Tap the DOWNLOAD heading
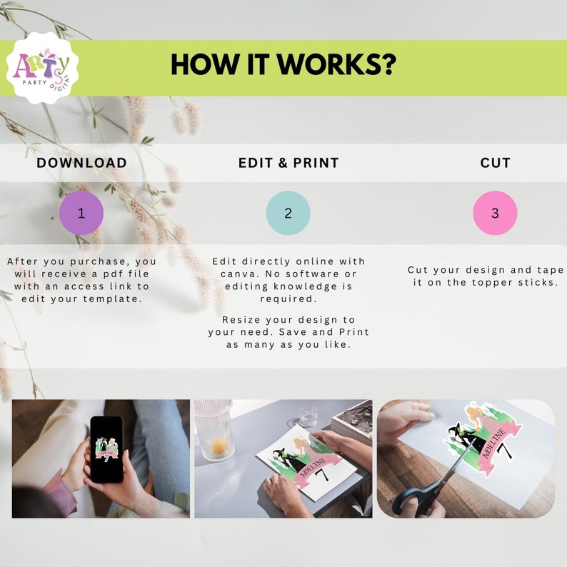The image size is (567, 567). [81, 163]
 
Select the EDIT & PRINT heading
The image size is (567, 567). [288, 163]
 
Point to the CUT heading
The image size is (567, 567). [495, 163]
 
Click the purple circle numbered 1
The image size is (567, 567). [81, 213]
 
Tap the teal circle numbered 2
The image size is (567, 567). [288, 213]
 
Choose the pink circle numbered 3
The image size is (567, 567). [495, 213]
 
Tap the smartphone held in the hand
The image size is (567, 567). [106, 449]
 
